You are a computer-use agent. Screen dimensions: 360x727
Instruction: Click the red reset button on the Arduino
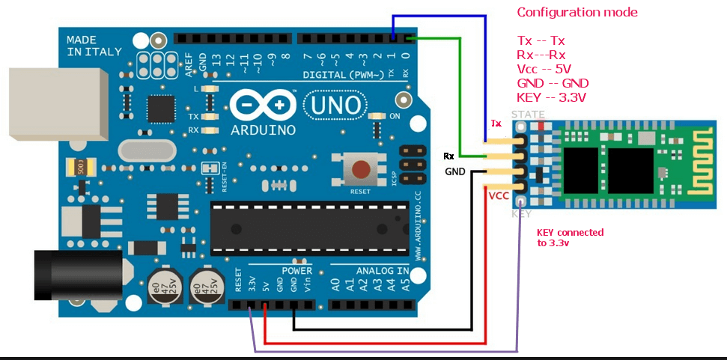pyautogui.click(x=361, y=169)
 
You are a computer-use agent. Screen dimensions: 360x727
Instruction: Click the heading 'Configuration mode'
pyautogui.click(x=577, y=13)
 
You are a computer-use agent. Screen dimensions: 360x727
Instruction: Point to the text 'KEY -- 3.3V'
pyautogui.click(x=552, y=97)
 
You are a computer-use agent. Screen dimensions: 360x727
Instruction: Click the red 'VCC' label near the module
pyautogui.click(x=499, y=196)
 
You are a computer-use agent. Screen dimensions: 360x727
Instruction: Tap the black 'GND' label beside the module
pyautogui.click(x=455, y=171)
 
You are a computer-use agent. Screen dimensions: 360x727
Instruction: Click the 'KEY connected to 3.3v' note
pyautogui.click(x=570, y=238)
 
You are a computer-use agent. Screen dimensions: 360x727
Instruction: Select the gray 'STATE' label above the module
pyautogui.click(x=528, y=115)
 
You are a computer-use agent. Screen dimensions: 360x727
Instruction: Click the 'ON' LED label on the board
pyautogui.click(x=395, y=116)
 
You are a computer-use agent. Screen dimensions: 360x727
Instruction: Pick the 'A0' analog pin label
pyautogui.click(x=335, y=285)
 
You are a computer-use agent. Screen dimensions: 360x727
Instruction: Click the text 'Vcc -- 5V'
pyautogui.click(x=549, y=68)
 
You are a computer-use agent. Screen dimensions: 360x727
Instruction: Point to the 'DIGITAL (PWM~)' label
pyautogui.click(x=344, y=75)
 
